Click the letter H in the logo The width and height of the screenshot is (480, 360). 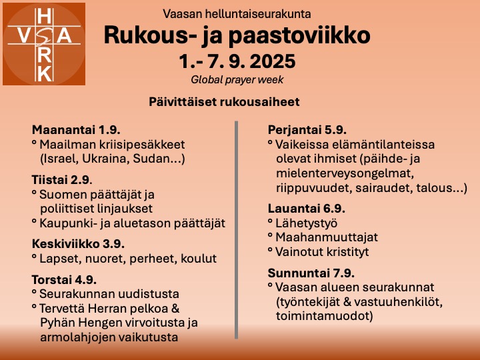click(x=44, y=17)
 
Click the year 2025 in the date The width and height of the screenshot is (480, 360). click(x=273, y=61)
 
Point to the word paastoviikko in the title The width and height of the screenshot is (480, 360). click(x=299, y=36)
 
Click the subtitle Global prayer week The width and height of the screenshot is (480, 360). click(x=237, y=79)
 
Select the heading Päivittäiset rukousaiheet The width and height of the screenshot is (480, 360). click(x=224, y=102)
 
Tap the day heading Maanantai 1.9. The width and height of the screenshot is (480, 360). click(x=76, y=130)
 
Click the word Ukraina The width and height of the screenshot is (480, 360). click(x=105, y=159)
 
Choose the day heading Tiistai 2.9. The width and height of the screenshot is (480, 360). click(x=62, y=180)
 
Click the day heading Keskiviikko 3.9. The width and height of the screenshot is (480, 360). click(x=78, y=244)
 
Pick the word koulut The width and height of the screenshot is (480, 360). click(x=199, y=259)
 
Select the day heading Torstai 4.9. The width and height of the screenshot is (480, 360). click(x=64, y=279)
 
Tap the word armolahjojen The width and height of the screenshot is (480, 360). click(x=78, y=337)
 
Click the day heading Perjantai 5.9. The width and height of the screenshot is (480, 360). click(x=307, y=130)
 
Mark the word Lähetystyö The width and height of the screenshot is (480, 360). click(x=307, y=223)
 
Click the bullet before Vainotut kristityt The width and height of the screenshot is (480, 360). click(x=270, y=250)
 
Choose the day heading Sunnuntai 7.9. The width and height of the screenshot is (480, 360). click(x=311, y=273)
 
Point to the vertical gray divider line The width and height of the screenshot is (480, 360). click(x=236, y=229)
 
